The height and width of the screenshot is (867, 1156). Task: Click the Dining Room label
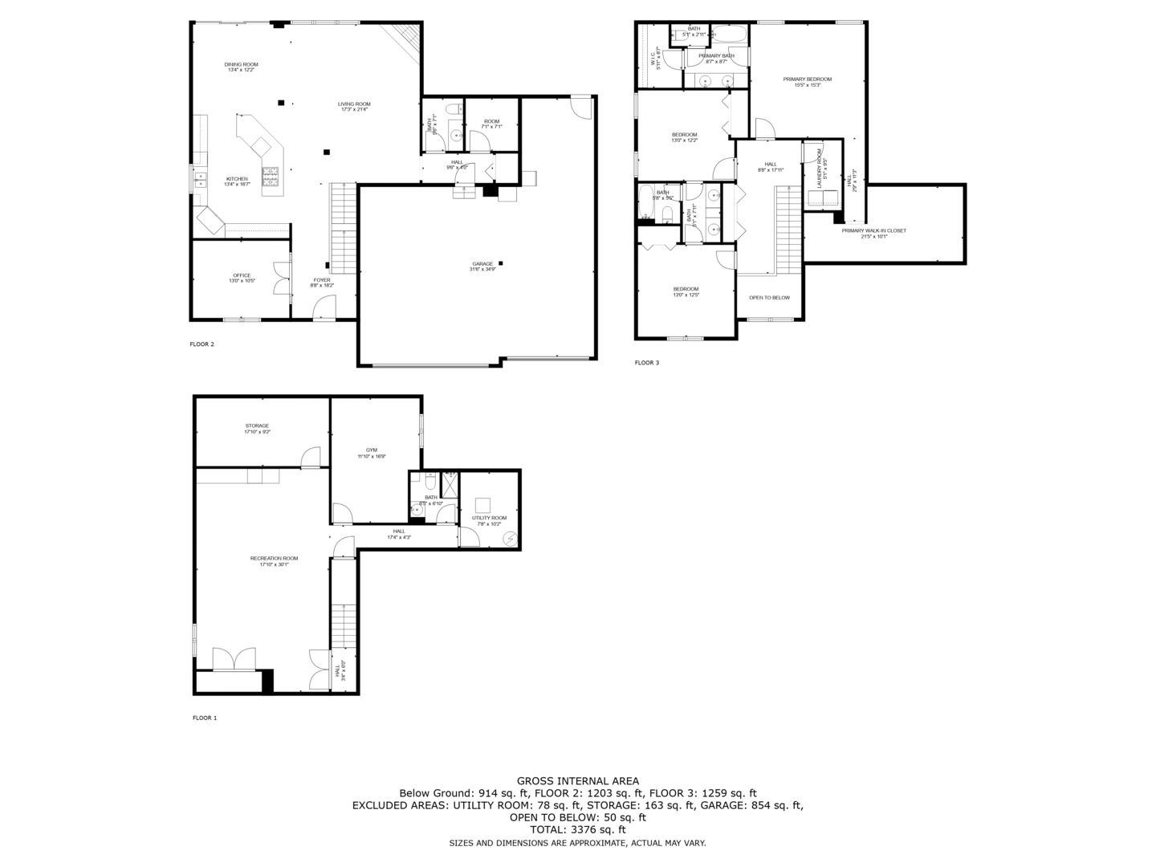click(241, 65)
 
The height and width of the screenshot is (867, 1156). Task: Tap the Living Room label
click(354, 104)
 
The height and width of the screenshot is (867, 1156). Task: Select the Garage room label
click(482, 264)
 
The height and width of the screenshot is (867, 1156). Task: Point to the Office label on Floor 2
click(242, 276)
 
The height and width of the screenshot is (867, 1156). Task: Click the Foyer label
click(322, 281)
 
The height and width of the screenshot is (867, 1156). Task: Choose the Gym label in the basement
click(372, 450)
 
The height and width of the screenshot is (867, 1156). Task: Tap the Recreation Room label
click(274, 559)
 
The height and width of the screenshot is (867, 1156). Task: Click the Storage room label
click(257, 426)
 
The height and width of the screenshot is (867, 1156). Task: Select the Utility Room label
click(489, 519)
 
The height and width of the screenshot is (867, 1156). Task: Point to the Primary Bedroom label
click(808, 79)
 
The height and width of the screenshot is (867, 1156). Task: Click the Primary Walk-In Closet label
click(873, 231)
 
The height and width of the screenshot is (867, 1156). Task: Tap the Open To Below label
click(769, 298)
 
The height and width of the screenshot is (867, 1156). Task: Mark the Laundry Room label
click(820, 169)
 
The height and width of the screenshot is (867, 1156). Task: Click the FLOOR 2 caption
click(201, 344)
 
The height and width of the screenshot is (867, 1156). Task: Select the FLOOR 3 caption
click(646, 363)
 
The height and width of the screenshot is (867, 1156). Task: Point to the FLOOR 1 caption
click(205, 718)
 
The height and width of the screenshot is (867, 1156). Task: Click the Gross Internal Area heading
click(578, 780)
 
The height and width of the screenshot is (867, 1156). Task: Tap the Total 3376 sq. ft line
click(578, 829)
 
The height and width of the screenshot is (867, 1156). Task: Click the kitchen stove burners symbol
click(270, 171)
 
